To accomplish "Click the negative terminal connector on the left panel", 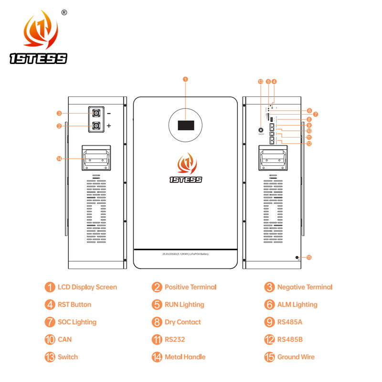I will pos(96,114).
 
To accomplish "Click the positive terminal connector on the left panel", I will pos(96,126).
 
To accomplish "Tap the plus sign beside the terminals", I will pos(109,126).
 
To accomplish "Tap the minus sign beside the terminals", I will pos(109,114).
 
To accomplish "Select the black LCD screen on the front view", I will pos(186,125).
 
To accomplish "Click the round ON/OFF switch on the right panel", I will pos(261,129).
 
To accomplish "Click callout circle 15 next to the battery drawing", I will pos(309,257).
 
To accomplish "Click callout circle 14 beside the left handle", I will pos(59,159).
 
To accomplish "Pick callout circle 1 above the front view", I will pos(186,79).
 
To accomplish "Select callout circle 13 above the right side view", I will pos(260,82).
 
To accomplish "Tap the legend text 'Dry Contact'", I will pos(182,322).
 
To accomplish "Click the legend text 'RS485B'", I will pos(290,340).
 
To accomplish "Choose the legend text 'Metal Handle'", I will pos(185,357).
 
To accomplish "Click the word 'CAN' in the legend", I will pos(65,340).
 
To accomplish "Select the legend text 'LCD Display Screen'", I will pos(87,287).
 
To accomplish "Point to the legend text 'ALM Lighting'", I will pos(297,305).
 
